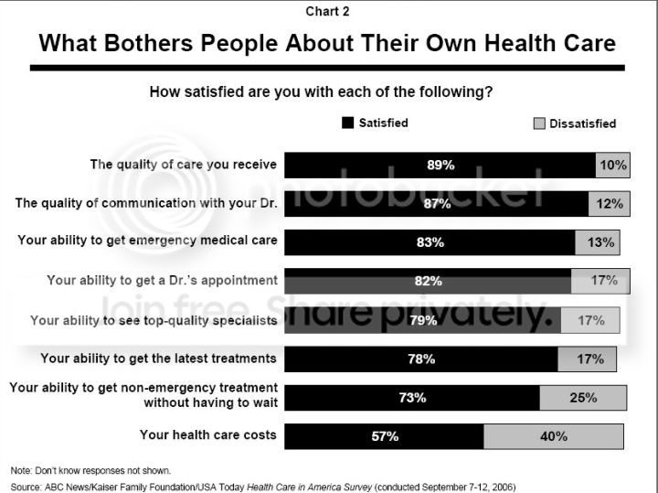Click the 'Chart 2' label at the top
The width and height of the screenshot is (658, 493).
(x=328, y=12)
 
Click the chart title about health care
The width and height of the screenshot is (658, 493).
(x=327, y=43)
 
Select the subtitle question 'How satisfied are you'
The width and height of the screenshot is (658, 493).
(x=328, y=92)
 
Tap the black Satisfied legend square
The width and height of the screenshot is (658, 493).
(x=347, y=123)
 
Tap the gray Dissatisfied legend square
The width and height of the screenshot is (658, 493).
(x=538, y=123)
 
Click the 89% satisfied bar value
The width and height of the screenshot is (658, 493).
(x=440, y=165)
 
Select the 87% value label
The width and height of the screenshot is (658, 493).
(x=437, y=204)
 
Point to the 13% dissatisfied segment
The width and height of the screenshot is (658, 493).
(x=598, y=242)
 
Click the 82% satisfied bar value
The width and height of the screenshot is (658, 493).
(x=429, y=281)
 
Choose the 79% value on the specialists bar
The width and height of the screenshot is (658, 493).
(x=423, y=320)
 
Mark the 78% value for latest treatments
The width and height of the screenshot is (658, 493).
(x=421, y=359)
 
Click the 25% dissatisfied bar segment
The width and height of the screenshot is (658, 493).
(x=583, y=397)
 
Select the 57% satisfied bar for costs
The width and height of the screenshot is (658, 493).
(x=385, y=436)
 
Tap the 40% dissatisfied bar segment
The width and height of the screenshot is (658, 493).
(x=554, y=436)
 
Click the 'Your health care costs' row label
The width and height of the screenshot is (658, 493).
(x=207, y=434)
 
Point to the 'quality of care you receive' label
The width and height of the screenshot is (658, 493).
(x=183, y=165)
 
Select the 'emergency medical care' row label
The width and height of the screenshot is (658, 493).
(x=147, y=241)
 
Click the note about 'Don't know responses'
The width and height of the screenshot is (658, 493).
(x=78, y=470)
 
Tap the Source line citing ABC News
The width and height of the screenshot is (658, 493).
(x=270, y=487)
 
